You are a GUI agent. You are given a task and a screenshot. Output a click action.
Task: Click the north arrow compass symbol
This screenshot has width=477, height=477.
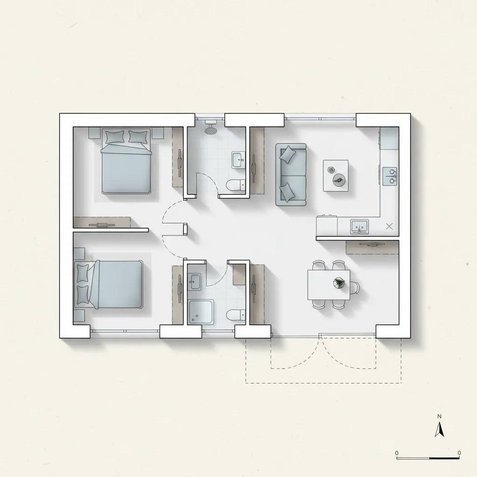(439, 429)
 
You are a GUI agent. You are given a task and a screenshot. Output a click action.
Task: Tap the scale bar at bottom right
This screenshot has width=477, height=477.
(428, 457)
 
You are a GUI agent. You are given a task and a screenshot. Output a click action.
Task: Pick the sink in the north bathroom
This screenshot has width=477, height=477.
(238, 160)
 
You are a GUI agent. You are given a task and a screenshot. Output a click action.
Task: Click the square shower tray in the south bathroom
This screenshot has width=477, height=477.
(201, 312)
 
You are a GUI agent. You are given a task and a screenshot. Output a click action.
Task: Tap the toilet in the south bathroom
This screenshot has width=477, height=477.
(236, 314)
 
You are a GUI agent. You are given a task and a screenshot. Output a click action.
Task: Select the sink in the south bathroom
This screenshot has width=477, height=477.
(195, 281)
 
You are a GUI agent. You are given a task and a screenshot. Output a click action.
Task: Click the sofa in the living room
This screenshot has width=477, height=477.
(291, 175)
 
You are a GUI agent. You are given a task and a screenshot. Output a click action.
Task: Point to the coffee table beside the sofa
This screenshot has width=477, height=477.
(336, 176)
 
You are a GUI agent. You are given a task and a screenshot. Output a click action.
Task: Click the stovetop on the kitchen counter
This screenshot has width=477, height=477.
(390, 176)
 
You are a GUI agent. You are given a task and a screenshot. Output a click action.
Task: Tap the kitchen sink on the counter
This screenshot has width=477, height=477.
(359, 227)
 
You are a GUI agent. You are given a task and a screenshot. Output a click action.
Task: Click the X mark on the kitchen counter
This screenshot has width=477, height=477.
(389, 226)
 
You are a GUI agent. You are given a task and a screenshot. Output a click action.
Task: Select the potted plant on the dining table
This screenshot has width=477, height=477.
(339, 283)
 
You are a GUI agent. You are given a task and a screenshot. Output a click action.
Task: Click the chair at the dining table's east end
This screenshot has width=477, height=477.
(354, 287)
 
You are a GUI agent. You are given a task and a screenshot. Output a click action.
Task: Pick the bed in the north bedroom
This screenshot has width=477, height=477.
(126, 161)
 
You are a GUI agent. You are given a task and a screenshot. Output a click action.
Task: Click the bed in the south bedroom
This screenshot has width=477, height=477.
(109, 285)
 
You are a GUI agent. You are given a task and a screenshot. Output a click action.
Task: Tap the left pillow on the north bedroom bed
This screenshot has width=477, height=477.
(115, 137)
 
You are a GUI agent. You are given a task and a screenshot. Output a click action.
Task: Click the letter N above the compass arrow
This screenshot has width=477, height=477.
(439, 416)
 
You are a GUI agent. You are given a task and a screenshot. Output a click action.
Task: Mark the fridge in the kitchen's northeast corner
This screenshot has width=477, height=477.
(389, 138)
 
